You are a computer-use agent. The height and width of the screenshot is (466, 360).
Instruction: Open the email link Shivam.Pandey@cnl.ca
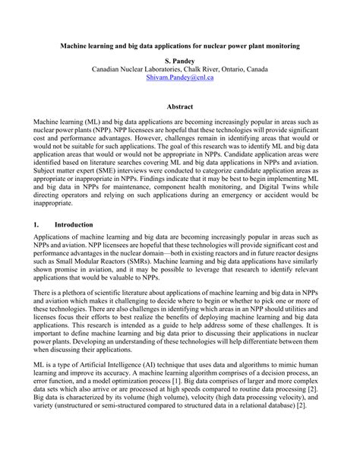point(179,78)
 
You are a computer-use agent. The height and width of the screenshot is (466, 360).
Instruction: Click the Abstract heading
point(179,106)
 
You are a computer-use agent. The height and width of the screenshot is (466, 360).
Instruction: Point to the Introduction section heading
point(74,225)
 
